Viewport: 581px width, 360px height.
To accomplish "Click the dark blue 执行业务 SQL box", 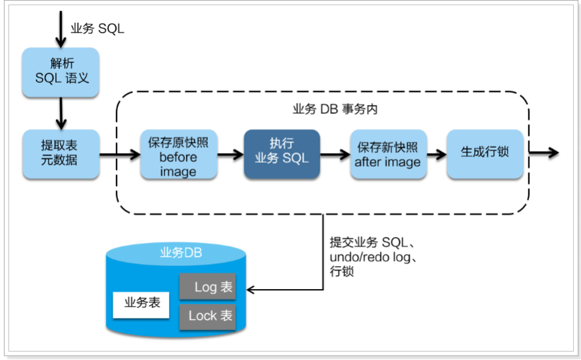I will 282,154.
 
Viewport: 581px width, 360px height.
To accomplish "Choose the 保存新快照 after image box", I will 388,154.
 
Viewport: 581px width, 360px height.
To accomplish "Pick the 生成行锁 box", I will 485,154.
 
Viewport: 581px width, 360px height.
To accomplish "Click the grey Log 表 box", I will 207,287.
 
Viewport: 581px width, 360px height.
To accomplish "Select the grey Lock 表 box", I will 207,316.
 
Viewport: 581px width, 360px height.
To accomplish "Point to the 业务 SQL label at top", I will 97,29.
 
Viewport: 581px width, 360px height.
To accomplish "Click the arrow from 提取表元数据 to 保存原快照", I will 120,154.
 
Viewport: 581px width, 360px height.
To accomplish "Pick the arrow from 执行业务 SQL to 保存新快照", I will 335,154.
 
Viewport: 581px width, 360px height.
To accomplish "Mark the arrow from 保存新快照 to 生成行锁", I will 436,154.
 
